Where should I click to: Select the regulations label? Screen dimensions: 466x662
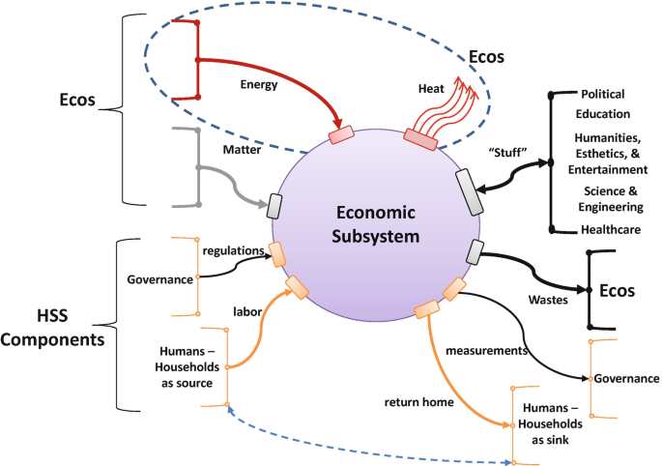[x=231, y=250]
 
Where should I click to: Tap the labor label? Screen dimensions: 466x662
[x=249, y=310]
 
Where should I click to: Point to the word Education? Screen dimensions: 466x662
[x=607, y=114]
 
